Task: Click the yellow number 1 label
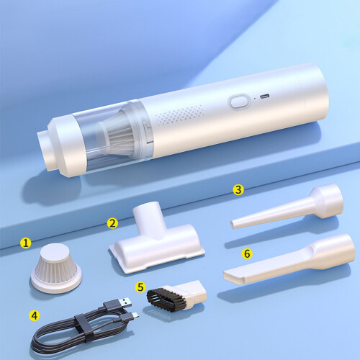coord(26,243)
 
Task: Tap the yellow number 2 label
coord(112,223)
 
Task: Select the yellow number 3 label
coord(238,189)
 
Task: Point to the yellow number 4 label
coord(35,315)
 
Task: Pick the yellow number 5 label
coord(140,287)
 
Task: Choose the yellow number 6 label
coord(247,253)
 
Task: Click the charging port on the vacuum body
coord(264,96)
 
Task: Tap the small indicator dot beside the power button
coord(254,98)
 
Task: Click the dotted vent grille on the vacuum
coord(179,115)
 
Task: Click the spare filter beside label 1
coord(56,269)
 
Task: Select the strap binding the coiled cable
coord(84,328)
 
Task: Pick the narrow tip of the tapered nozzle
coord(233,225)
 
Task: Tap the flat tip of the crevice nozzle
coord(234,275)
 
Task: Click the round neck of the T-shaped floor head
coord(147,217)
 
